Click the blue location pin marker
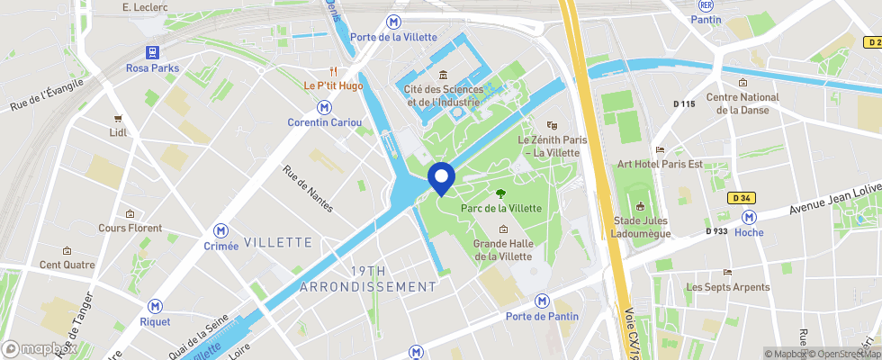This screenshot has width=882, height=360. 440,177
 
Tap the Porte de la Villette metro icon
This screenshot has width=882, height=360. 393,22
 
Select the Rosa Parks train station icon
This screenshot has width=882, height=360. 151,53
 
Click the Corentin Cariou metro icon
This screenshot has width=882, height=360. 324,107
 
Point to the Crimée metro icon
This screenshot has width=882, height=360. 220,230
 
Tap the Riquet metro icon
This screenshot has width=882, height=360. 155,306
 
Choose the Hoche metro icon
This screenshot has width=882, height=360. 748,217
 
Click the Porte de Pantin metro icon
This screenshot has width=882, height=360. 542,301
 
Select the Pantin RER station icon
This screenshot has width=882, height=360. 706,5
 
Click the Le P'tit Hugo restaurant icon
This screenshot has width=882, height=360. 333,71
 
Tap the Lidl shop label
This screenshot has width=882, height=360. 118,132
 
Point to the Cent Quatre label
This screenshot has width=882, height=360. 67,265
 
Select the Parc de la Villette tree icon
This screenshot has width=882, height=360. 500,193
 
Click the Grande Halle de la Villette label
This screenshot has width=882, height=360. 502,249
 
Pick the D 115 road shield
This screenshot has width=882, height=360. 684,103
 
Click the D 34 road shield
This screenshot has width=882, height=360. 742,197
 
